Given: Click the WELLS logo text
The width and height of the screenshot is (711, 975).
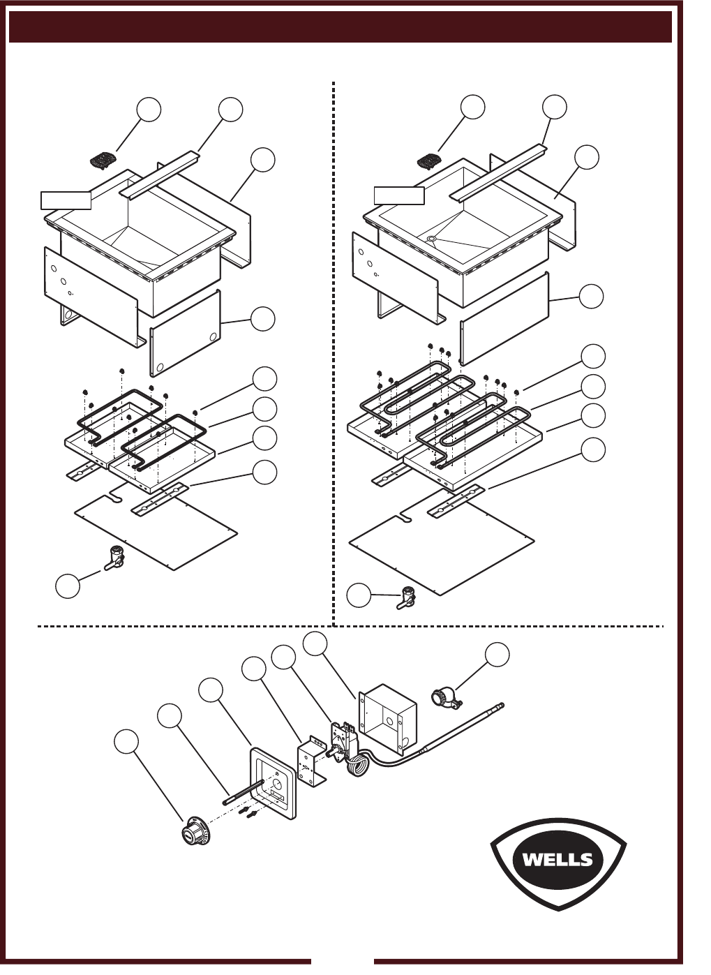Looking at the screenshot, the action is point(557,859).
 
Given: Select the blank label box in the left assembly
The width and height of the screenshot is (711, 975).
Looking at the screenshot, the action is point(66,200).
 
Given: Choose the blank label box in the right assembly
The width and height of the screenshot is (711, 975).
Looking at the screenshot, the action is point(399,195).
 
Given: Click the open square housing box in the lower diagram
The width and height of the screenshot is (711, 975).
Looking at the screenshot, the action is point(388,719).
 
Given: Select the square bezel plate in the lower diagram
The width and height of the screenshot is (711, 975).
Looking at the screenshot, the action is point(273,784).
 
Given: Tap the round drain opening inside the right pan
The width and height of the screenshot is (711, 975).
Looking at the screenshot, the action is point(432,239).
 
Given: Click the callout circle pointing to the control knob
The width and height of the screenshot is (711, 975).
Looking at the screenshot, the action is point(126,741).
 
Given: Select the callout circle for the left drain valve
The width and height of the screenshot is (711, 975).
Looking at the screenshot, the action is point(68,586).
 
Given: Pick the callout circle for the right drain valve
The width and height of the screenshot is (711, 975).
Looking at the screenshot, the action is point(359,596).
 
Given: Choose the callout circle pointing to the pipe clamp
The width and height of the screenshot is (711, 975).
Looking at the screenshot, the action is point(497,654).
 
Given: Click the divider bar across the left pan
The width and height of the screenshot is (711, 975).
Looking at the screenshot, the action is point(160,174).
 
